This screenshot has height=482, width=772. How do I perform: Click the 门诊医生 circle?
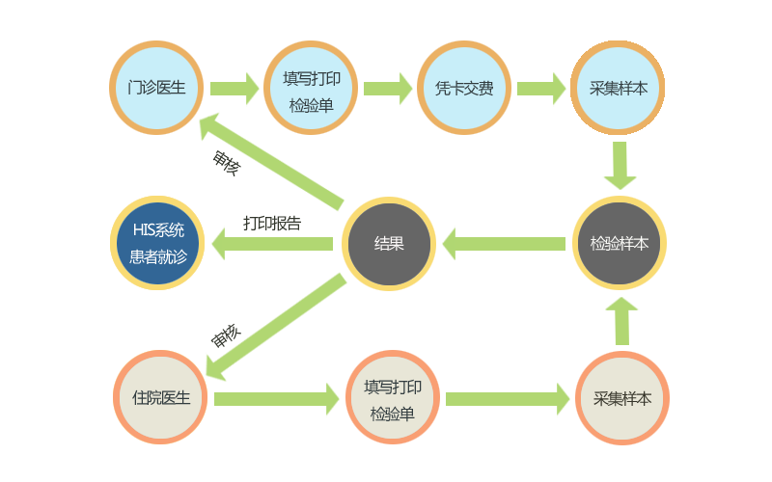(155, 88)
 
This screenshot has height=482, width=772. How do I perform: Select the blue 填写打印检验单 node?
(310, 88)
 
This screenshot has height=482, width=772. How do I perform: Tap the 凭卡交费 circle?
(463, 88)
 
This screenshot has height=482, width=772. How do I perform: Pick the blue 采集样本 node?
(618, 88)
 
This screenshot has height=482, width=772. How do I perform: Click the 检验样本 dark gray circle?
(619, 243)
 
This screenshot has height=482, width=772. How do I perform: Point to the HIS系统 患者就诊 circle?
(156, 243)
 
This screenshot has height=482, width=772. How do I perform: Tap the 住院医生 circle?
(160, 397)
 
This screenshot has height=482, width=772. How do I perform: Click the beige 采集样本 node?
(622, 397)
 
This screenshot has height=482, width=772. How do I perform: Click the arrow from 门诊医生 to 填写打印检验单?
(234, 89)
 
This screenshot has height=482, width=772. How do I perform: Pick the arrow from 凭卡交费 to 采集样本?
(541, 89)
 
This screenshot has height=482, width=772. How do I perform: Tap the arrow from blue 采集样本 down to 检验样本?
(620, 166)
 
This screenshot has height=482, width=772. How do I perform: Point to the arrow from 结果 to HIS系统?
(272, 243)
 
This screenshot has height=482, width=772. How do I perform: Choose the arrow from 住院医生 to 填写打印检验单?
(276, 398)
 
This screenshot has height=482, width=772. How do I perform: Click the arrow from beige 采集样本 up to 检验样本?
(621, 320)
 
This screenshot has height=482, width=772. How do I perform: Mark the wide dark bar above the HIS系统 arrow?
(272, 223)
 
